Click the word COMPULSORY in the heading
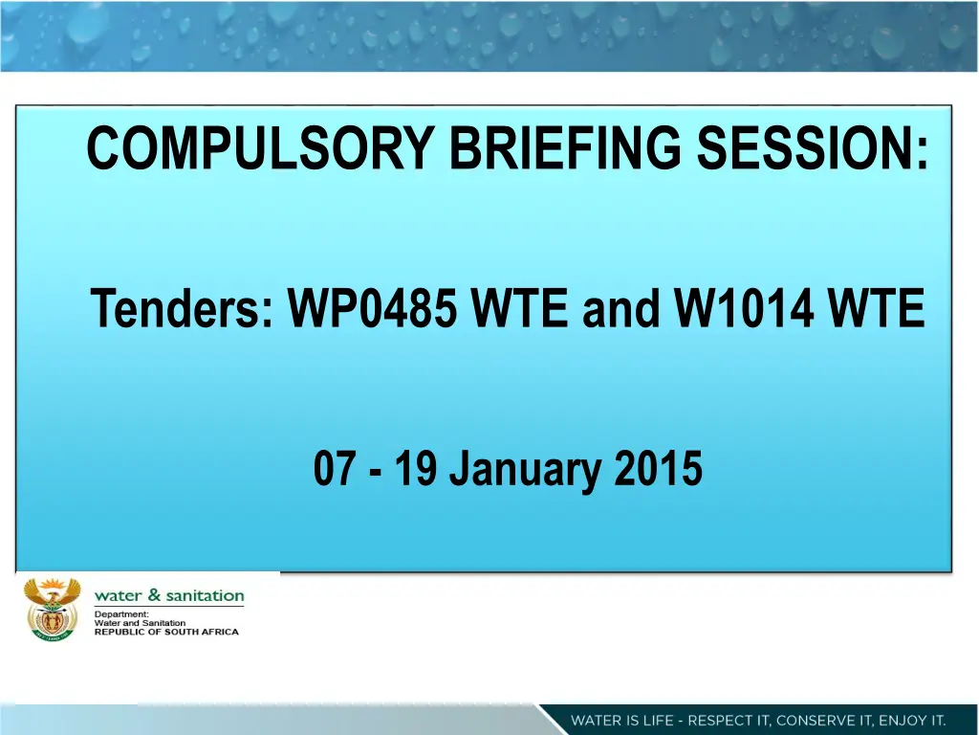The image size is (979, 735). coord(260,147)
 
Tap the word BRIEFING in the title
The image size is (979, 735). coord(565,147)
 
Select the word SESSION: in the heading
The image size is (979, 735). coord(813,147)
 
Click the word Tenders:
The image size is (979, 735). coord(183,308)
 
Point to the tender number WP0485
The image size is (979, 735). coord(372,308)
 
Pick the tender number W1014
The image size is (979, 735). coord(744,308)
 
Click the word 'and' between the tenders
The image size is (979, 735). coord(620,308)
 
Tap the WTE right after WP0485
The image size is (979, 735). coord(519,308)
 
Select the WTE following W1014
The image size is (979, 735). coord(876,308)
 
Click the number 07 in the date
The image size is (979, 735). coord(335,469)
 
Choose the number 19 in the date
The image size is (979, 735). coord(415,469)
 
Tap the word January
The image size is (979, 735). coord(526,471)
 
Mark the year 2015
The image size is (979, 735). coord(659,469)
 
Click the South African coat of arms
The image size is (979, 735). coord(53,610)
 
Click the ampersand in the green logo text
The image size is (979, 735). coord(154,595)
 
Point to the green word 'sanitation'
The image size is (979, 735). coord(205,595)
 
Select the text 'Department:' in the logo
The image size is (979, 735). coord(121,614)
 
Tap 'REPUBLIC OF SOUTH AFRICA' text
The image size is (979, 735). coord(166,632)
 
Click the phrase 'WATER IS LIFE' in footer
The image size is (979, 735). coord(621,720)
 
